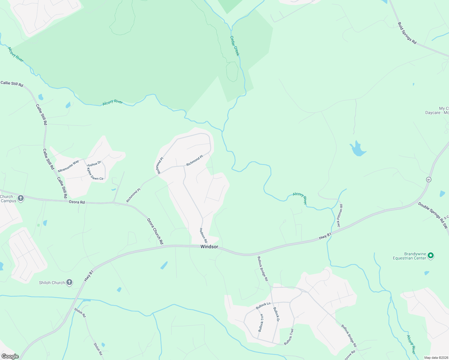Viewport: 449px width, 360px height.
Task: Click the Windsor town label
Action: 209,247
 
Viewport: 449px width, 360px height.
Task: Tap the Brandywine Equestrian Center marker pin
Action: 431,256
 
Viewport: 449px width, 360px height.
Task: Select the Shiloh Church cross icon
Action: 69,282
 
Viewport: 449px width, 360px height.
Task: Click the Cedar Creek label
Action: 234,46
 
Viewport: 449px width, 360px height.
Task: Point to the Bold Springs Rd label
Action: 407,33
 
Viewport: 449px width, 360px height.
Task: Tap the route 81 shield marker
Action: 429,179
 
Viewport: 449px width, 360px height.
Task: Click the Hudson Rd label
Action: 203,235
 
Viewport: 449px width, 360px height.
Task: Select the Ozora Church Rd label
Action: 155,231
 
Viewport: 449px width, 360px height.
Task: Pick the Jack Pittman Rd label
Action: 339,216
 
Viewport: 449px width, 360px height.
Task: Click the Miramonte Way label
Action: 68,166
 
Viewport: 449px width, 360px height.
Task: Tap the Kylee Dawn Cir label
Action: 95,174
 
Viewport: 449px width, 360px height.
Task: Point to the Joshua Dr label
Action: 94,164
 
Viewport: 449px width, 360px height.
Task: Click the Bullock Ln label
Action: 263,306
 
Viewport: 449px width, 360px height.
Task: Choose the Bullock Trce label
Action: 261,322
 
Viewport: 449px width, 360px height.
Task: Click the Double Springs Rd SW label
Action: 433,215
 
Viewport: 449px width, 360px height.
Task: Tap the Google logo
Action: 10,356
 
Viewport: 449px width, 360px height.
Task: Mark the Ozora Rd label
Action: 77,202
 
